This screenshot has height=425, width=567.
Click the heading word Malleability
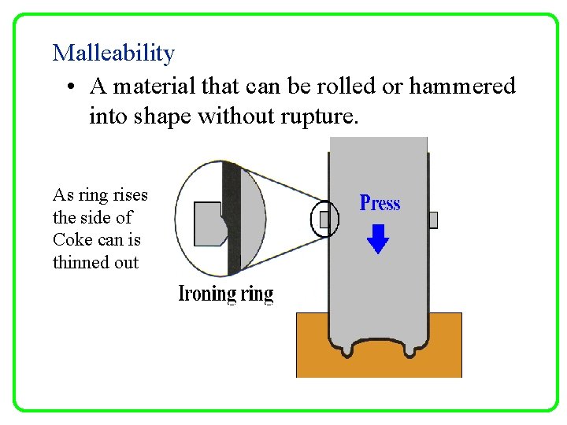coord(113,54)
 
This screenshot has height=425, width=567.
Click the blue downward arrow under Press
coord(379,238)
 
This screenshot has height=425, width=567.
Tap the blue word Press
coord(380,203)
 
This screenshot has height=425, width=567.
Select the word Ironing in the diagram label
coord(208,294)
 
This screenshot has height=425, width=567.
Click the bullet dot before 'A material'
coord(71,86)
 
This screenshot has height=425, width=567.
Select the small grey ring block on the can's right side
coord(432,220)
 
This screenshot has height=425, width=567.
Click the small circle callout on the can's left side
coord(325,219)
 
